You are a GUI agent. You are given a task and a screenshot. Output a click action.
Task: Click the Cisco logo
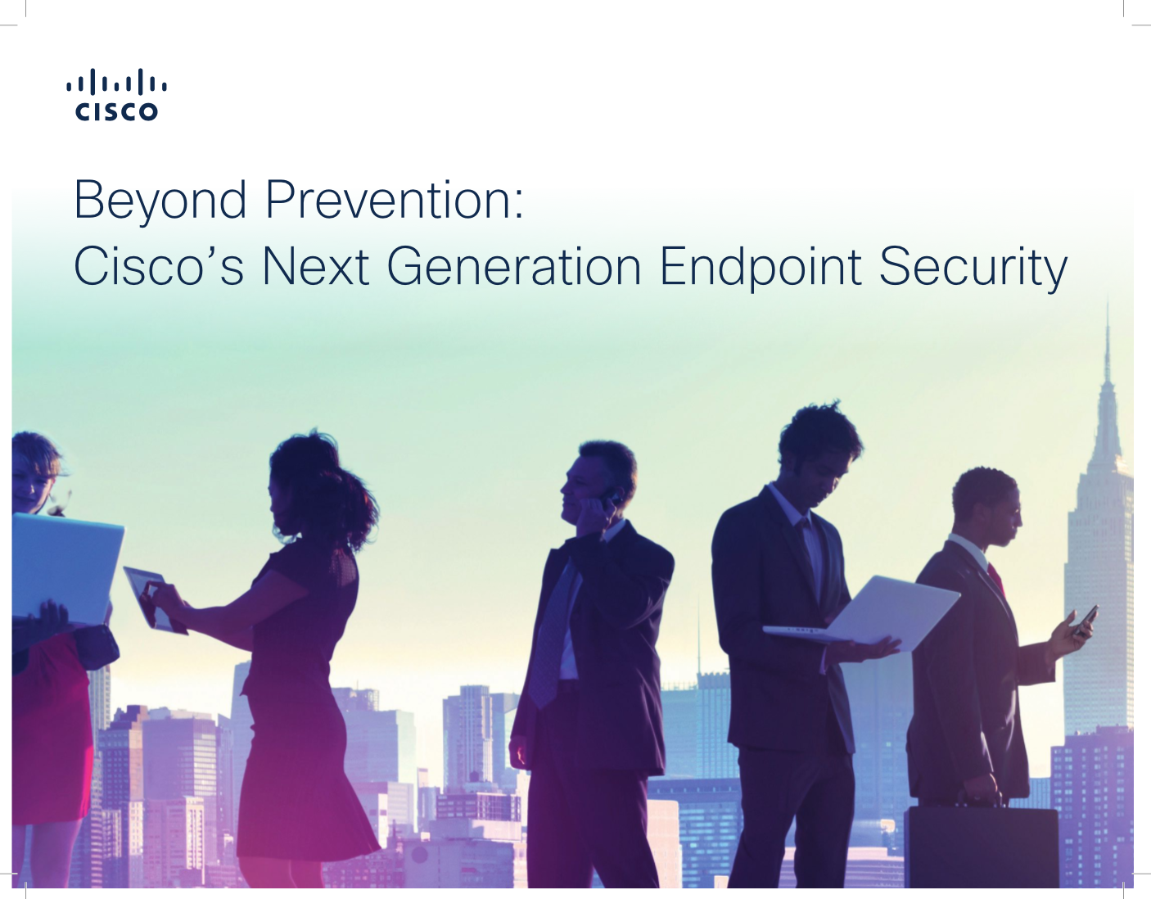pyautogui.click(x=116, y=94)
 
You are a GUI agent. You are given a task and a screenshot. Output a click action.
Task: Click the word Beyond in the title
pyautogui.click(x=160, y=201)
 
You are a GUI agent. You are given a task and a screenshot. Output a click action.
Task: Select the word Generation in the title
pyautogui.click(x=514, y=265)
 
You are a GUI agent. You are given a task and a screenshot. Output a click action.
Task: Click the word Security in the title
pyautogui.click(x=973, y=268)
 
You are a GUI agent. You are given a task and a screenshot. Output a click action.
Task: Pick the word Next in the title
pyautogui.click(x=315, y=265)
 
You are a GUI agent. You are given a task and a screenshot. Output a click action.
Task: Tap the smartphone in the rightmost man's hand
pyautogui.click(x=1086, y=621)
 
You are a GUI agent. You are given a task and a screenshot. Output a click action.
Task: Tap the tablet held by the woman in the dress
pyautogui.click(x=156, y=599)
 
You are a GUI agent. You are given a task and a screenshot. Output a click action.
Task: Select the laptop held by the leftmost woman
pyautogui.click(x=66, y=567)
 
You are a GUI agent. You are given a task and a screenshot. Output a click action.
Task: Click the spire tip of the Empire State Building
pyautogui.click(x=1107, y=301)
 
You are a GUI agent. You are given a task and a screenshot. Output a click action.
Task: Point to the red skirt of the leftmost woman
pyautogui.click(x=50, y=725)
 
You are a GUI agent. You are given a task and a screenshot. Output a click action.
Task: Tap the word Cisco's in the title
pyautogui.click(x=159, y=265)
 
